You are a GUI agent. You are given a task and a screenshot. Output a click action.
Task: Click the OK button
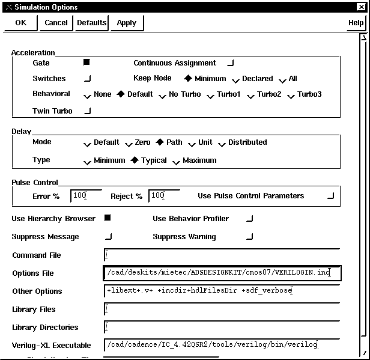click(x=21, y=23)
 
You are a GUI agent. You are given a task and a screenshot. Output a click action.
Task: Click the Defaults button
click(x=91, y=23)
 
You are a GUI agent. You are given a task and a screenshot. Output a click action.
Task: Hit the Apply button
click(x=127, y=23)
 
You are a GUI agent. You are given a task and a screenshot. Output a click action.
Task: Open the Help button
click(x=356, y=23)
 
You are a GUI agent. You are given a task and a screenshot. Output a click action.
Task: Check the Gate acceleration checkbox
click(x=87, y=63)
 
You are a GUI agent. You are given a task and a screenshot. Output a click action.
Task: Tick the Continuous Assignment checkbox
click(x=231, y=63)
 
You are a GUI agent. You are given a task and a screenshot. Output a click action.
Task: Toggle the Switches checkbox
click(x=88, y=78)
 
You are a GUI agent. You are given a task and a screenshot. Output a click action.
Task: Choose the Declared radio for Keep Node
click(x=236, y=79)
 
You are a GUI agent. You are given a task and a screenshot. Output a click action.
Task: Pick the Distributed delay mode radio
click(x=222, y=143)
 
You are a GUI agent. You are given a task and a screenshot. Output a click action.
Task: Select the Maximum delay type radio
click(x=176, y=161)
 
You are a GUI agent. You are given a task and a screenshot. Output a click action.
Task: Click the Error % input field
click(x=86, y=196)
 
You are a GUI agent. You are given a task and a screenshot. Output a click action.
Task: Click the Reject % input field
click(x=164, y=196)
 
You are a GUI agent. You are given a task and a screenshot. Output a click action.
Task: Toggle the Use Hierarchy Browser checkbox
click(x=108, y=218)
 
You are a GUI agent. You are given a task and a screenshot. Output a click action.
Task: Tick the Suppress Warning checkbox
click(x=250, y=236)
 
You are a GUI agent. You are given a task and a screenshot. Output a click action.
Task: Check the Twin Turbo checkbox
click(x=88, y=111)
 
